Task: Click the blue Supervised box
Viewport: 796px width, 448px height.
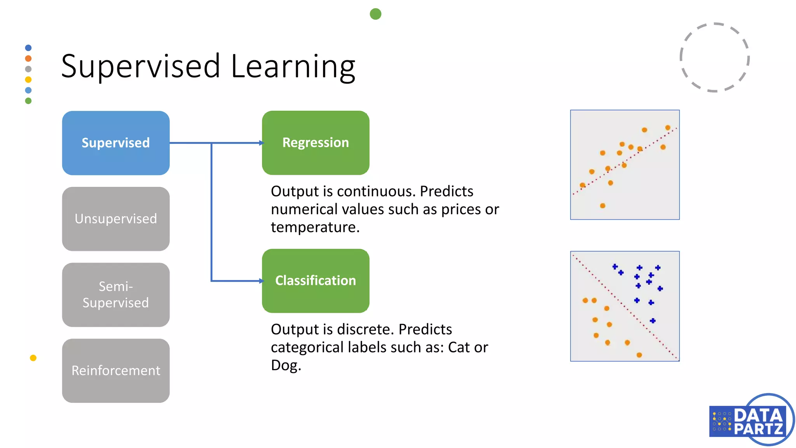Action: click(115, 143)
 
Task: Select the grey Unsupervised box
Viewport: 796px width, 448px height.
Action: click(115, 219)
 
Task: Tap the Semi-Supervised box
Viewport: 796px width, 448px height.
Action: click(115, 294)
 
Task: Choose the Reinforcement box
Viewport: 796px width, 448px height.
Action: click(115, 370)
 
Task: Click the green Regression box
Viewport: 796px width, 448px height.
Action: click(315, 143)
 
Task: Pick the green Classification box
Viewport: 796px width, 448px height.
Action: click(315, 280)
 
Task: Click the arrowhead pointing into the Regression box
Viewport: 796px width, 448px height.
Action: click(262, 143)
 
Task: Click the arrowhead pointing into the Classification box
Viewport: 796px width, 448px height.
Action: click(262, 281)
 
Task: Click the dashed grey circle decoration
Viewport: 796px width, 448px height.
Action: click(714, 57)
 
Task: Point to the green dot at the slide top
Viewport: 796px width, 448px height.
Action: click(375, 14)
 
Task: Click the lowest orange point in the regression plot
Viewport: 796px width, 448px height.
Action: click(602, 206)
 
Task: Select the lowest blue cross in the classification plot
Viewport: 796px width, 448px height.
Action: click(653, 321)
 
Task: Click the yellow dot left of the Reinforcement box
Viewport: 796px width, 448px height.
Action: click(33, 358)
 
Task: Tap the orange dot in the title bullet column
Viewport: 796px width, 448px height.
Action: click(28, 58)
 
